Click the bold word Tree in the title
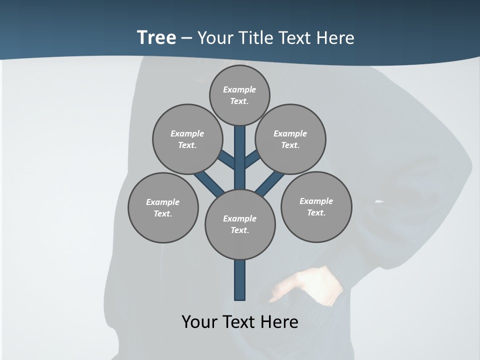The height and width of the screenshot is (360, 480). click(156, 37)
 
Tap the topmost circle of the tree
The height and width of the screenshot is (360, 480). click(239, 95)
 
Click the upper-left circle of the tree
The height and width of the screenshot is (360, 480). click(187, 139)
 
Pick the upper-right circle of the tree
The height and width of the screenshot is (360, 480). click(290, 139)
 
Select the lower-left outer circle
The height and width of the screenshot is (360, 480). click(163, 207)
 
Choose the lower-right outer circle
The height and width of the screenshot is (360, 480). click(316, 206)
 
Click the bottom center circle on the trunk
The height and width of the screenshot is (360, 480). click(240, 224)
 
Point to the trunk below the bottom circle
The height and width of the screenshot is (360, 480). click(240, 280)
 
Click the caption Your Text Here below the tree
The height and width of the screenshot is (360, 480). click(240, 321)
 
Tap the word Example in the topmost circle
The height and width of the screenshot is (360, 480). click(239, 89)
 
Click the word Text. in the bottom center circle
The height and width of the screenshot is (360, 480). click(239, 230)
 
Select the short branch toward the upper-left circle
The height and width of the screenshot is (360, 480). click(227, 159)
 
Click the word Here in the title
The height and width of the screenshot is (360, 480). click(336, 38)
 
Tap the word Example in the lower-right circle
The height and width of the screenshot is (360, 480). click(316, 201)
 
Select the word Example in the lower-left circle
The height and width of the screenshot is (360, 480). click(162, 202)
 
